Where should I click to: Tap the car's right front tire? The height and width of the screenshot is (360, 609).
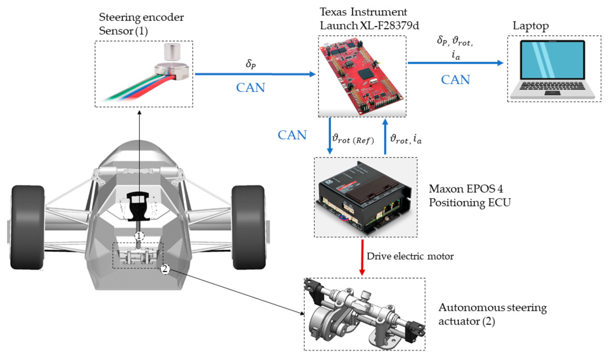coord(248,217)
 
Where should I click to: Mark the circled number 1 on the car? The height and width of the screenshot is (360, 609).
coord(140,235)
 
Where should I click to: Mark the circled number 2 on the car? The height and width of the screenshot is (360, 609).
coord(165,269)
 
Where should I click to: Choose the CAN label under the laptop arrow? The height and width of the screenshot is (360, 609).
coord(456,79)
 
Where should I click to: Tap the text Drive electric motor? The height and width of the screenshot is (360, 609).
coord(410,256)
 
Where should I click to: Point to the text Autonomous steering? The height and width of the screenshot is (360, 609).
coord(492,308)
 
